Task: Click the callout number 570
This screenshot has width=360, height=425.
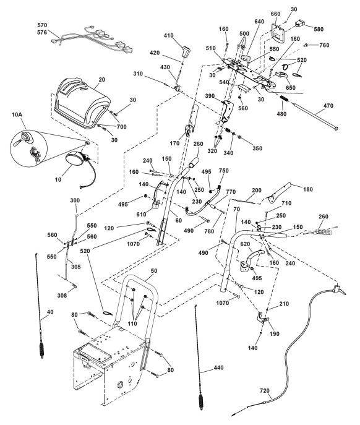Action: [x=42, y=25]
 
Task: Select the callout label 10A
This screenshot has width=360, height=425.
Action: [x=17, y=114]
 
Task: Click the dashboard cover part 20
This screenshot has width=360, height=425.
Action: [x=81, y=101]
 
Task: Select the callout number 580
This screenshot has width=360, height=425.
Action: [x=319, y=29]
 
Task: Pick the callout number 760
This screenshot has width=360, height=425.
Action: [x=324, y=45]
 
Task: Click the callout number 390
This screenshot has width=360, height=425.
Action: [x=210, y=96]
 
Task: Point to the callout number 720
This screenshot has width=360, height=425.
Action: [x=265, y=390]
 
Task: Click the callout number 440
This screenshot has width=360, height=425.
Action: [x=218, y=367]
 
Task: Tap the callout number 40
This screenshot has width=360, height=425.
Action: [x=50, y=312]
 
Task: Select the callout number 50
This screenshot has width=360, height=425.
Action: [x=153, y=271]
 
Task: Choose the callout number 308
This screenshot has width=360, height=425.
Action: [x=62, y=295]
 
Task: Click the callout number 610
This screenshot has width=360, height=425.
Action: [x=141, y=214]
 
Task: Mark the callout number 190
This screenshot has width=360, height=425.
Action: [x=275, y=333]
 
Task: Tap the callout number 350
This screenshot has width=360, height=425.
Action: [x=257, y=148]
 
